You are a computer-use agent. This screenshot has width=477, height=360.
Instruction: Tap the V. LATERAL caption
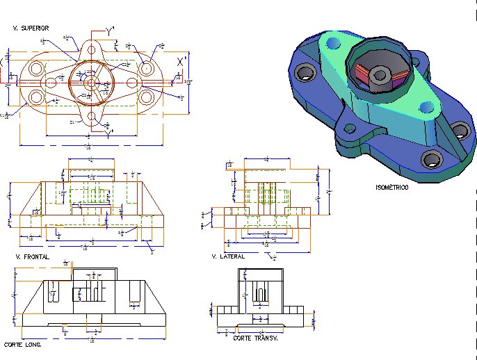[228, 256]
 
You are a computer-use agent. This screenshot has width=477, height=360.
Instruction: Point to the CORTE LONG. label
[22, 345]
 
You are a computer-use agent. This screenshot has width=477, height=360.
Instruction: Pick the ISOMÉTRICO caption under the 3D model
[392, 188]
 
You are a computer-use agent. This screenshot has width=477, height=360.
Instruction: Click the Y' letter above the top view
[110, 31]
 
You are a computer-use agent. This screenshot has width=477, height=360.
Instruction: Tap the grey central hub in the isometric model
[379, 76]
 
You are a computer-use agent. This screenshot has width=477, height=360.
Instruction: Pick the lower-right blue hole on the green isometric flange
[426, 107]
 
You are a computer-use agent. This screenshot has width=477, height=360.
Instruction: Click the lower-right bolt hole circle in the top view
[146, 96]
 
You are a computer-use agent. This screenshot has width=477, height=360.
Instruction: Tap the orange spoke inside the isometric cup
[362, 71]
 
